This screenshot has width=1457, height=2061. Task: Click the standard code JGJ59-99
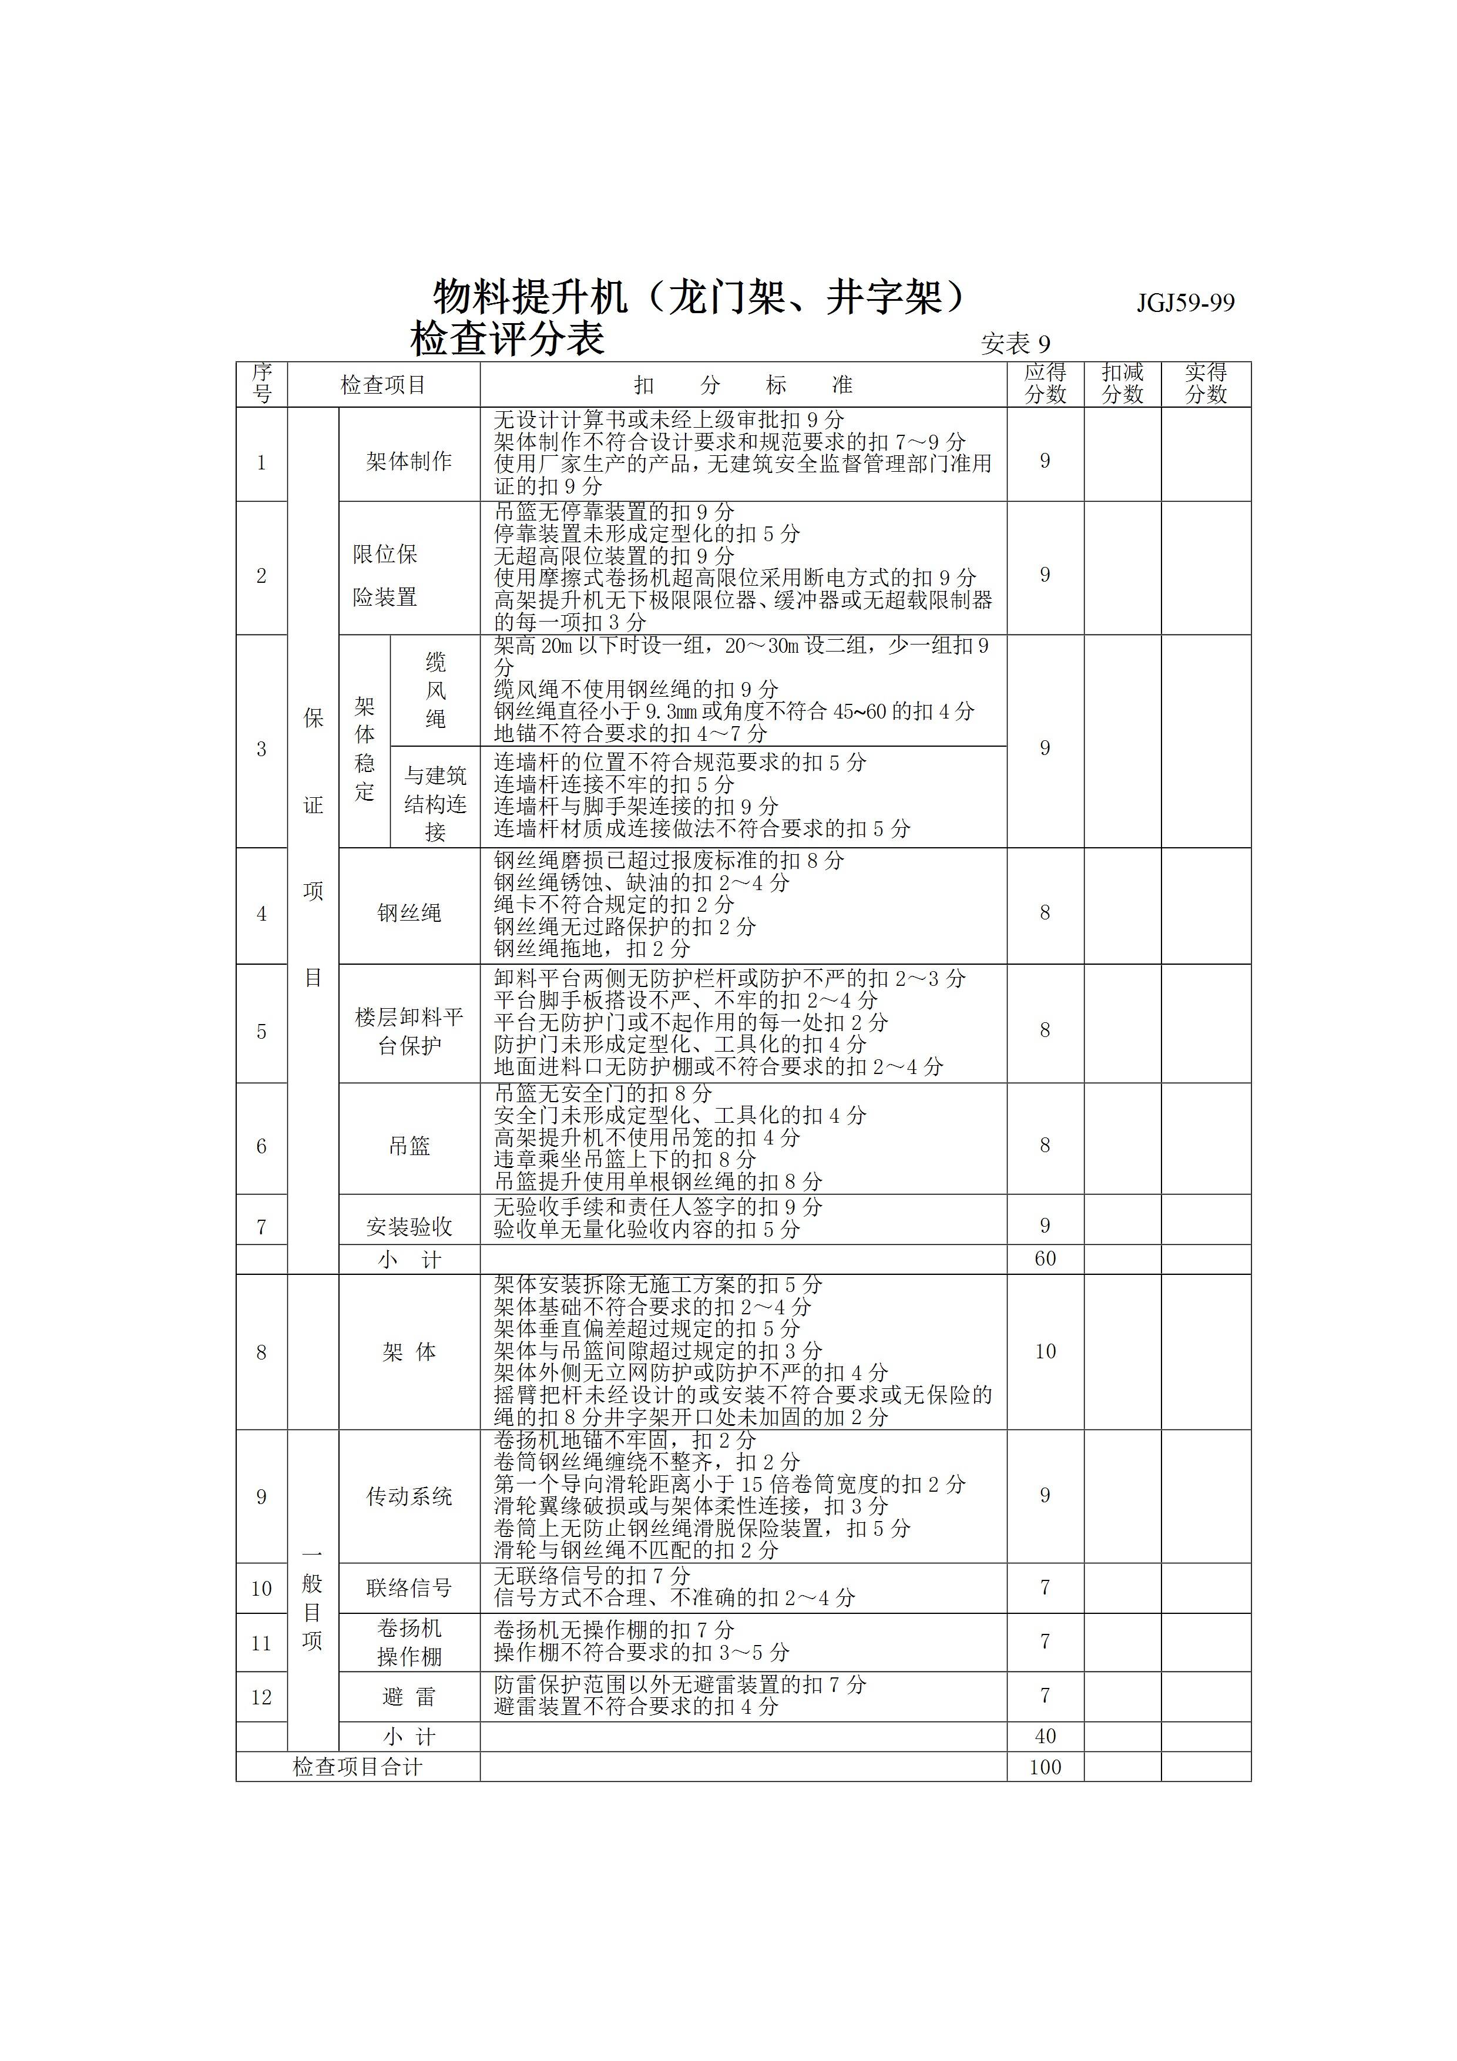(1185, 303)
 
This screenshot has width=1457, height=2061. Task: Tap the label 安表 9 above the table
(1015, 344)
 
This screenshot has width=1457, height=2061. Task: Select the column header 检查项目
(383, 385)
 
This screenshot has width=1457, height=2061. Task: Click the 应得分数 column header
(1045, 383)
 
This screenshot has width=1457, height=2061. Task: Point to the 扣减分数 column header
(1122, 383)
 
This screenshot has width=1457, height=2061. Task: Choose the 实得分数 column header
(1206, 383)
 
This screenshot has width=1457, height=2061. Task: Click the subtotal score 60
(1045, 1258)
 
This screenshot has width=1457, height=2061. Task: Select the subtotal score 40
(1045, 1735)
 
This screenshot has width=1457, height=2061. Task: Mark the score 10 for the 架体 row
(1045, 1351)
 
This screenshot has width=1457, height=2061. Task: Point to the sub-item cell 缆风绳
(435, 690)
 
